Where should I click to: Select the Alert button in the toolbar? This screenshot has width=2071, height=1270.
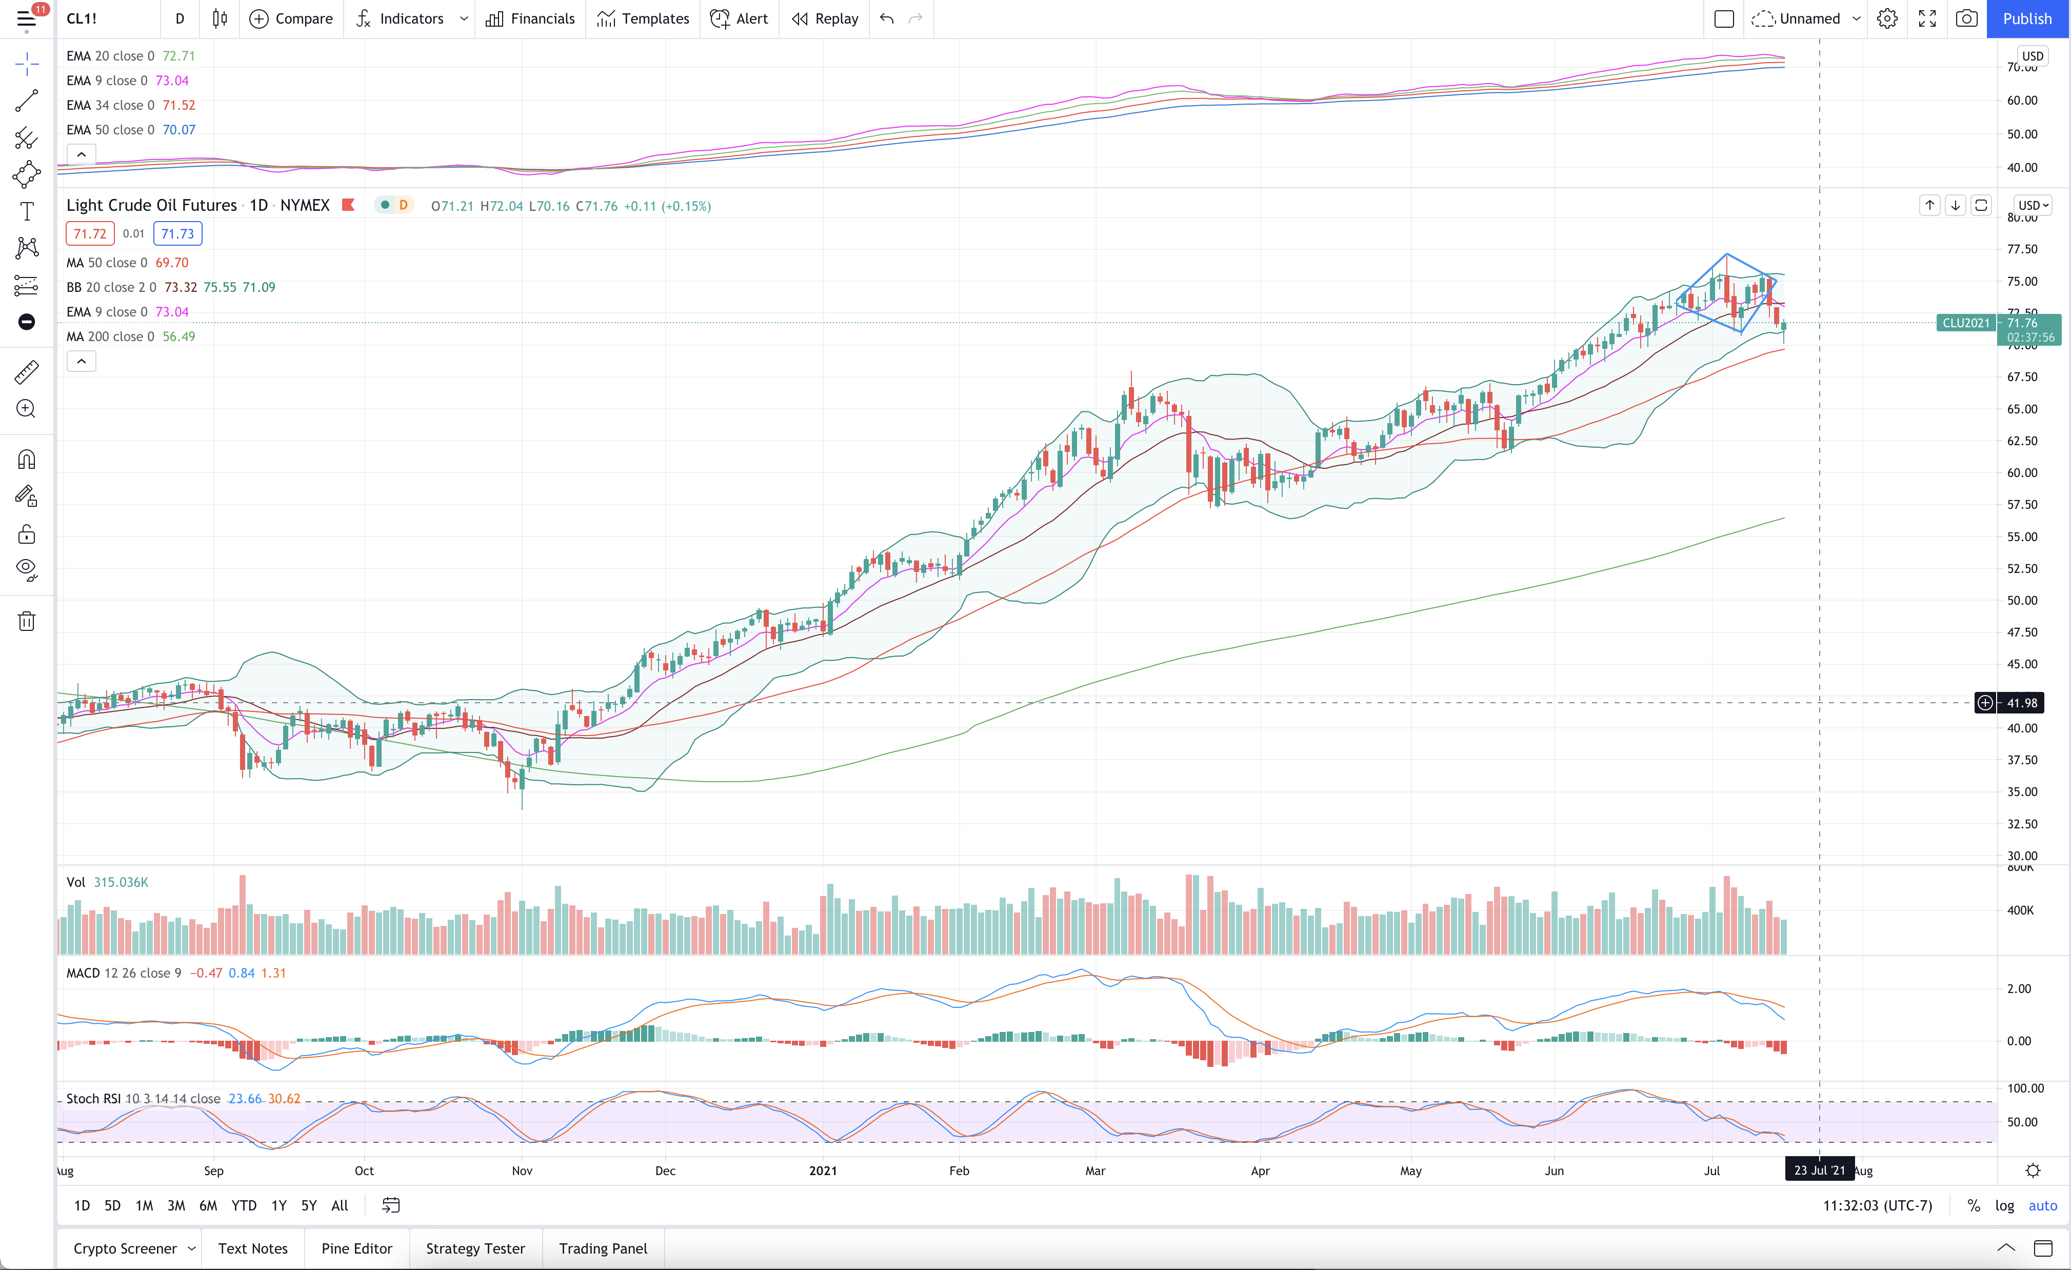pos(739,18)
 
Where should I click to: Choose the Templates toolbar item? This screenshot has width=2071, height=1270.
pos(643,18)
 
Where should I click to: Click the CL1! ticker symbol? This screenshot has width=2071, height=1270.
pos(82,18)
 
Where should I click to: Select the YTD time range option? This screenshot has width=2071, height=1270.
pos(244,1205)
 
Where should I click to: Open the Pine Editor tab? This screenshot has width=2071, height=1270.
pos(356,1248)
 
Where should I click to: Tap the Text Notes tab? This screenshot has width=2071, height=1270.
pos(252,1248)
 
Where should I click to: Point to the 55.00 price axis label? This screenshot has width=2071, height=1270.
pos(2022,536)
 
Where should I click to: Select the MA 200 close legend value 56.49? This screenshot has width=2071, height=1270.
pos(178,336)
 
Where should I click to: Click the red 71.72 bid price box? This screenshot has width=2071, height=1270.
pos(90,234)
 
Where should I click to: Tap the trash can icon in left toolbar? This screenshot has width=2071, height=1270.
pos(27,621)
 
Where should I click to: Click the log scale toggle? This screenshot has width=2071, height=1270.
pos(2005,1205)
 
